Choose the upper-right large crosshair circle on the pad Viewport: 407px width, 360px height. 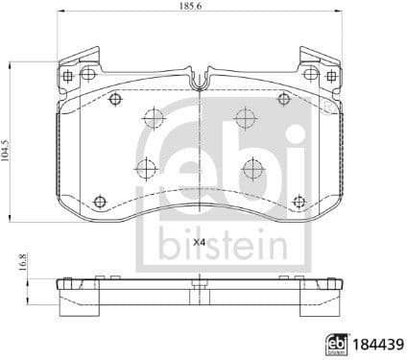tap(246, 120)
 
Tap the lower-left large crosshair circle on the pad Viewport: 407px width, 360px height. tap(146, 168)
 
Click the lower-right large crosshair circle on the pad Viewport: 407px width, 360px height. tap(253, 168)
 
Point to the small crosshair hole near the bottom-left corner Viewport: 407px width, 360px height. tap(100, 201)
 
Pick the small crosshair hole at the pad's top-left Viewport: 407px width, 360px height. tap(115, 99)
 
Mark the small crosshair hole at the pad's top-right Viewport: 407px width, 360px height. tap(284, 99)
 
